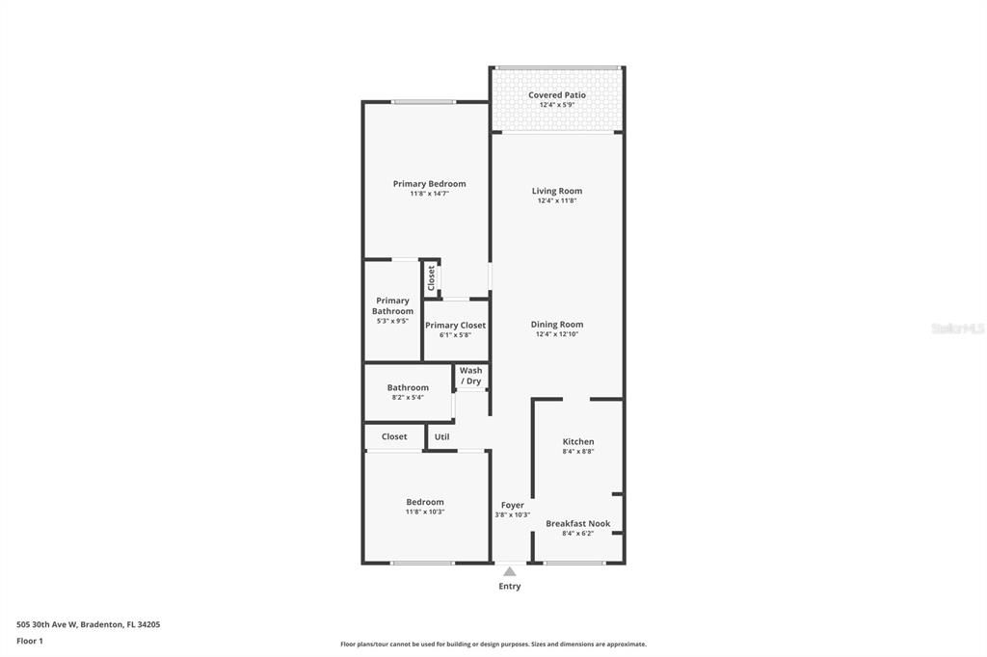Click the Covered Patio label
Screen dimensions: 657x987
[557, 95]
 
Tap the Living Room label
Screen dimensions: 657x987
[557, 191]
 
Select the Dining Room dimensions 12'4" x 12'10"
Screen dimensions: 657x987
[557, 334]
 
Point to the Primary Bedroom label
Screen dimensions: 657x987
[429, 184]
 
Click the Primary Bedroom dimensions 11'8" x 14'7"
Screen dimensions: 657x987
[429, 194]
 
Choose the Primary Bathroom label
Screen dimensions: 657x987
[392, 305]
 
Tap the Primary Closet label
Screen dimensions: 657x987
[456, 326]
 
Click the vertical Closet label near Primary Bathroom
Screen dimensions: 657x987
[431, 277]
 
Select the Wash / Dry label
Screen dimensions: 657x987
[470, 376]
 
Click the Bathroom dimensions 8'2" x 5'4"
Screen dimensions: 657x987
[408, 397]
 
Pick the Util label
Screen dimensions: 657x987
[441, 436]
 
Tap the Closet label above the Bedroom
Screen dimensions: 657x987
[394, 436]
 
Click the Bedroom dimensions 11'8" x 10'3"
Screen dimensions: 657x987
[425, 512]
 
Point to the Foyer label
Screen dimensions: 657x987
[513, 505]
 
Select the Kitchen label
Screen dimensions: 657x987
[578, 441]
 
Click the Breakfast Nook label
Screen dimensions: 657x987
[578, 523]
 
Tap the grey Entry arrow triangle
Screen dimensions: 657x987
[510, 572]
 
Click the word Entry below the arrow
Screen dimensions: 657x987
[510, 586]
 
